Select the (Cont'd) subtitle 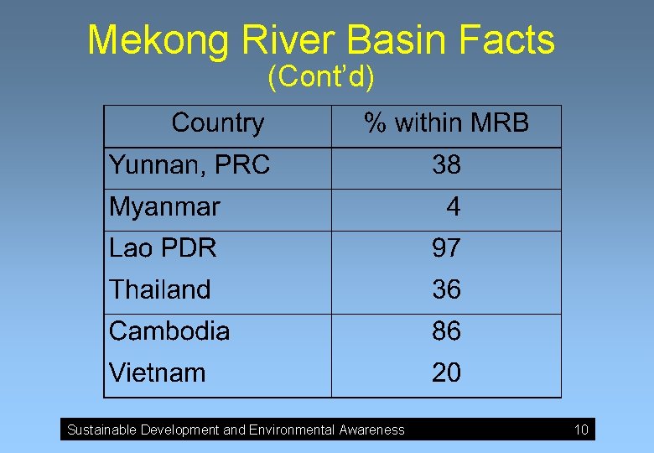click(x=321, y=78)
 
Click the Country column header click(x=217, y=124)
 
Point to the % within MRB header click(x=446, y=124)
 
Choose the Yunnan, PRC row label click(x=189, y=165)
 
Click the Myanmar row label click(x=164, y=206)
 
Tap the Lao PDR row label click(x=163, y=248)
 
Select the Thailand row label click(x=160, y=289)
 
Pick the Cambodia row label click(x=169, y=331)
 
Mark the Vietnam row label click(x=157, y=372)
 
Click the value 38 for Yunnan click(x=446, y=165)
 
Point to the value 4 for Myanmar click(x=453, y=206)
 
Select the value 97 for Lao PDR click(x=446, y=248)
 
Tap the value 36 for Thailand click(x=446, y=289)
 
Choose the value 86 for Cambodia click(x=446, y=331)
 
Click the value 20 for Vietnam click(x=446, y=372)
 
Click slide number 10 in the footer click(x=581, y=430)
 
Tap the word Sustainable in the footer click(x=101, y=430)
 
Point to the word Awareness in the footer click(x=371, y=430)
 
